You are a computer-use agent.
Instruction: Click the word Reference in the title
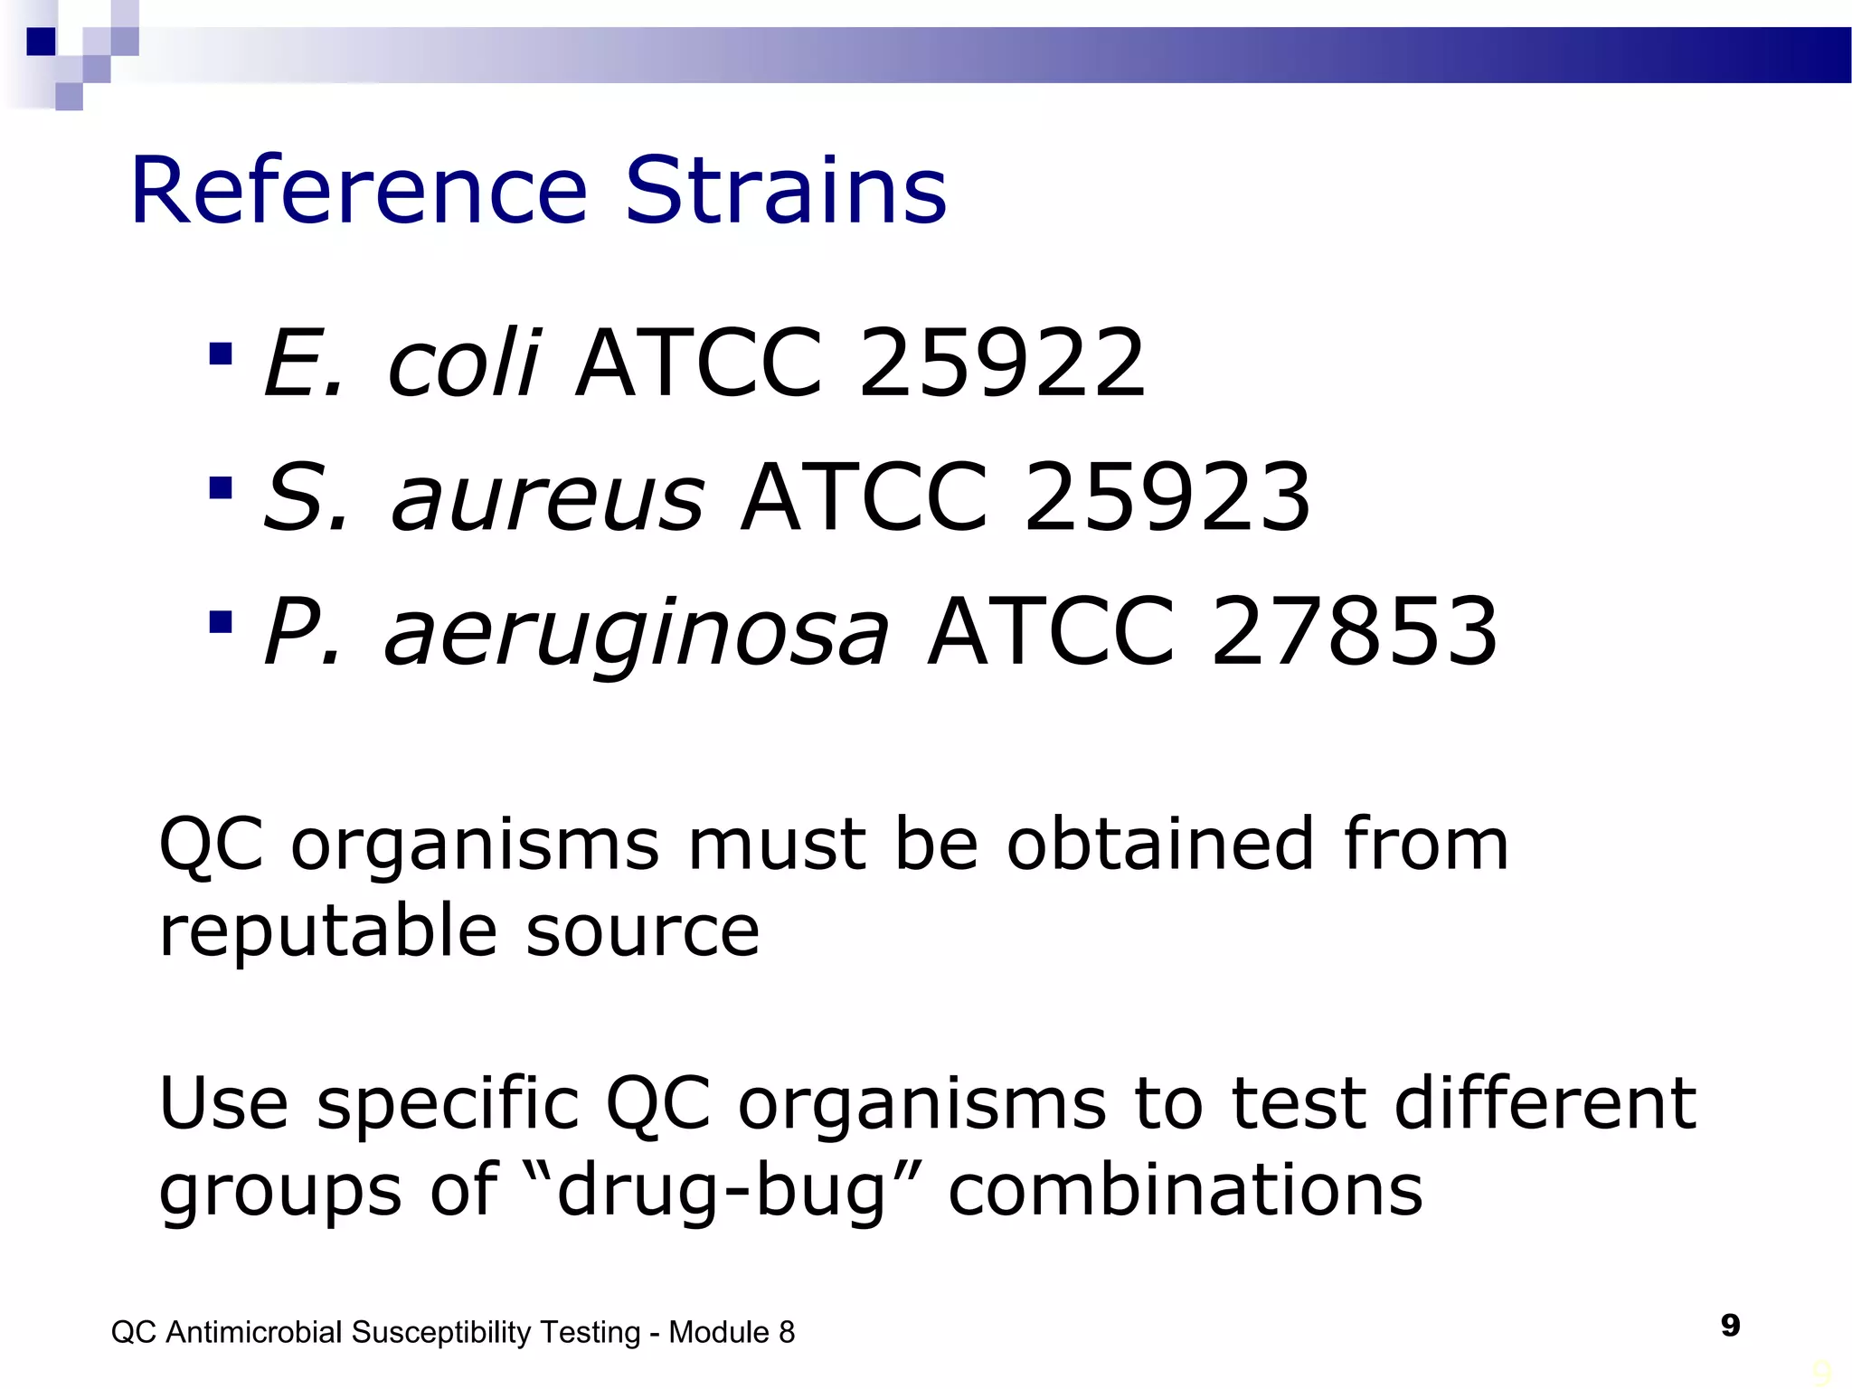coord(359,192)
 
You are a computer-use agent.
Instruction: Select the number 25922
coord(1002,364)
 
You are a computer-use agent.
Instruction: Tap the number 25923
coord(1167,497)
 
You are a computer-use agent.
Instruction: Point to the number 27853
coord(1354,631)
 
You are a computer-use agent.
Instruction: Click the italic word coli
coord(464,364)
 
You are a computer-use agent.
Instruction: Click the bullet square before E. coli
coord(221,354)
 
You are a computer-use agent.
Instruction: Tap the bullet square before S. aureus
coord(221,488)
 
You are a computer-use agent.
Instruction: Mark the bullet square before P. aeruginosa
coord(221,622)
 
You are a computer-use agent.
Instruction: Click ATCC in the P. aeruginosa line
coord(1051,631)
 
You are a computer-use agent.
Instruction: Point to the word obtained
coord(1160,845)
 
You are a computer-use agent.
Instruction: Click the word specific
coord(448,1105)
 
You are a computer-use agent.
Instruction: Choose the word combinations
coord(1185,1190)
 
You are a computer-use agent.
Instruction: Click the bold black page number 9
coord(1730,1326)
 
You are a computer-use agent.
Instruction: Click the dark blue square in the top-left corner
coord(42,42)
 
